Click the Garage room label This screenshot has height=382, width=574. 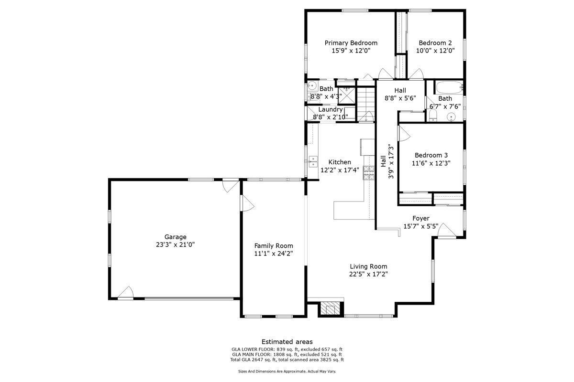[x=176, y=237]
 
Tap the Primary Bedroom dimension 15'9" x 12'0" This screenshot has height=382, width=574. [x=351, y=50]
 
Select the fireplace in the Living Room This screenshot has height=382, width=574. [x=330, y=309]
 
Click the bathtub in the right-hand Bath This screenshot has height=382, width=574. [x=448, y=88]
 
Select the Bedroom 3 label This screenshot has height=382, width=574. [x=431, y=155]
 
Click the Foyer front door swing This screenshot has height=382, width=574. [x=445, y=230]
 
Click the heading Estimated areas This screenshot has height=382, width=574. [x=287, y=341]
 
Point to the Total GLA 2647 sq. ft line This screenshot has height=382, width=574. [x=287, y=360]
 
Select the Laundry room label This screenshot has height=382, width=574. [x=331, y=109]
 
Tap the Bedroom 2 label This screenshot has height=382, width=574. [x=435, y=42]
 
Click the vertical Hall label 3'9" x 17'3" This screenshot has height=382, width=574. [x=387, y=161]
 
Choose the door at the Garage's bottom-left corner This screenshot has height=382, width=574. [x=126, y=292]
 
